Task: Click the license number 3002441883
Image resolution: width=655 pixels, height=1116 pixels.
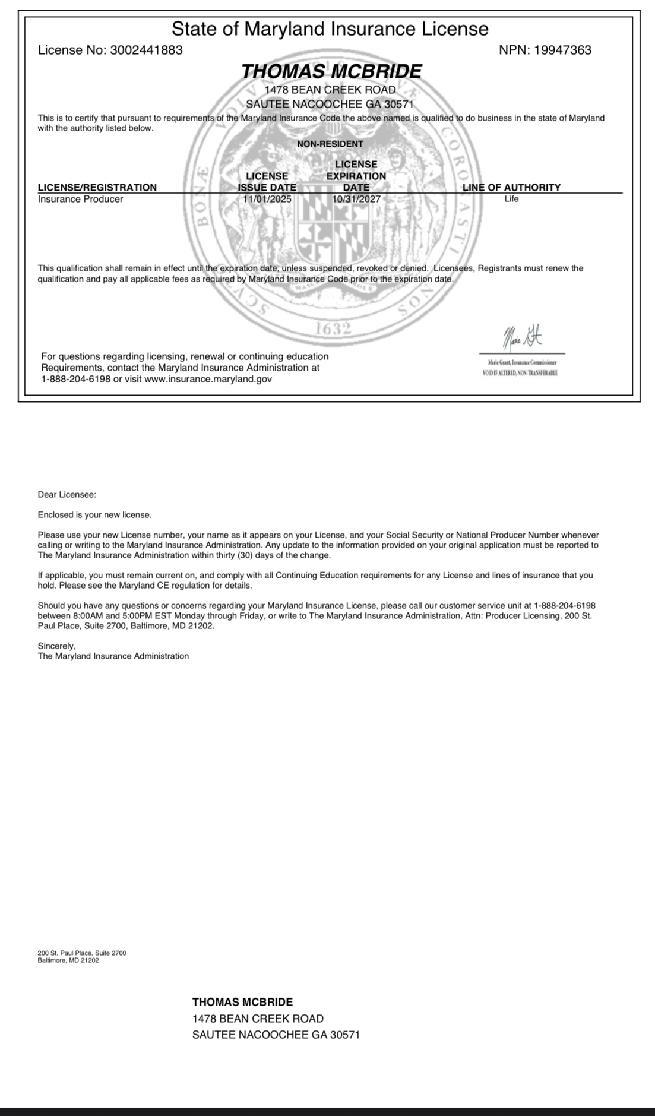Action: [146, 50]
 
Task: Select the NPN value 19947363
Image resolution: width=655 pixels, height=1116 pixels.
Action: [562, 50]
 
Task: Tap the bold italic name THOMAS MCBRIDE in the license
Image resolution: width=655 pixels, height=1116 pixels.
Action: [331, 71]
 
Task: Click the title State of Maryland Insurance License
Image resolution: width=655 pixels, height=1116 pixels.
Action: [330, 29]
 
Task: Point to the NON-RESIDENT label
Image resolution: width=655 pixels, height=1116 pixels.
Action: [330, 144]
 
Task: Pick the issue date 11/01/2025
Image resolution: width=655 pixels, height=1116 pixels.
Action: [267, 199]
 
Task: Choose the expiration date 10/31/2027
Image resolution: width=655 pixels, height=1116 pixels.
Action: [356, 199]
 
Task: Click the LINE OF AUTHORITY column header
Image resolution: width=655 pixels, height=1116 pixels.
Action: [511, 187]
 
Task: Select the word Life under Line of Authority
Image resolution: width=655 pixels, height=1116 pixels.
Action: [511, 199]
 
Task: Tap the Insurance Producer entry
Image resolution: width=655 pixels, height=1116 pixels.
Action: [80, 199]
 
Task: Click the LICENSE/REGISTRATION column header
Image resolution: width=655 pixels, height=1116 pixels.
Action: [97, 187]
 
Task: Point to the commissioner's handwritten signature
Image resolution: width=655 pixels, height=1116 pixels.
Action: [523, 340]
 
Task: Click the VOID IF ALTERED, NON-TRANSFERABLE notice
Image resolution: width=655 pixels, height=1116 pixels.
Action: [520, 373]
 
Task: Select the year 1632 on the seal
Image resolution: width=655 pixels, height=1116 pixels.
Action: [333, 328]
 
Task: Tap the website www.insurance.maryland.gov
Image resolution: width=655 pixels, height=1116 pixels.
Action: [208, 379]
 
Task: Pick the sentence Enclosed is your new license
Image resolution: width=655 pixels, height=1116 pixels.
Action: [94, 514]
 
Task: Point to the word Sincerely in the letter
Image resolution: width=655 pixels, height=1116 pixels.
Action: [56, 646]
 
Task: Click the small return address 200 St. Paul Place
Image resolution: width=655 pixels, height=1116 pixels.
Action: [81, 953]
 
